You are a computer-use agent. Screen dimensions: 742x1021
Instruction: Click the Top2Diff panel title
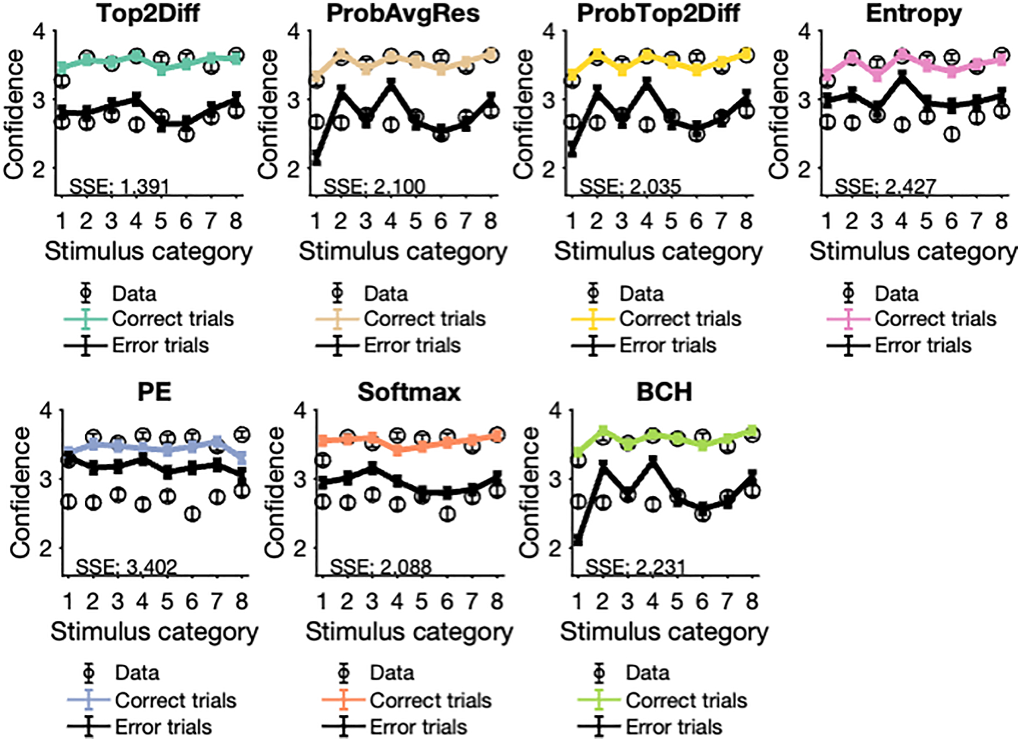tap(148, 13)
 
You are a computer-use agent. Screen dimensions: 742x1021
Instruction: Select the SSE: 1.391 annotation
tap(119, 187)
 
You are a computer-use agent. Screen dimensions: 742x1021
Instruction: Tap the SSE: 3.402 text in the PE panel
tap(126, 568)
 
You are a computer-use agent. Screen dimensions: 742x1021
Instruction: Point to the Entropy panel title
tap(913, 13)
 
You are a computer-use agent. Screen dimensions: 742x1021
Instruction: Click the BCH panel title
tap(664, 392)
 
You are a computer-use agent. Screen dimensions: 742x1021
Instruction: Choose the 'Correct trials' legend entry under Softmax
tap(430, 700)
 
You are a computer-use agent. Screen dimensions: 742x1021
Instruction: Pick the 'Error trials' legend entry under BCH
tap(674, 727)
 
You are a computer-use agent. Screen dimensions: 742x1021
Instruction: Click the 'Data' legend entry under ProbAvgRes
tap(385, 294)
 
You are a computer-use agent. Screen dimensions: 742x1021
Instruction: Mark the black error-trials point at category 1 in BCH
tap(577, 541)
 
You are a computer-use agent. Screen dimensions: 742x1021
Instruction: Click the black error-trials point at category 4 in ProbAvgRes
tap(390, 83)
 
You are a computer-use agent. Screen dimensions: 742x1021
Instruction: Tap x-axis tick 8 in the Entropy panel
tap(1001, 221)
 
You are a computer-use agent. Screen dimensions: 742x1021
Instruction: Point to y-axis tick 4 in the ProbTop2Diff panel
tap(550, 31)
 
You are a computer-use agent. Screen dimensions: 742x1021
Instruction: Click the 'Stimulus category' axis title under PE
tap(154, 632)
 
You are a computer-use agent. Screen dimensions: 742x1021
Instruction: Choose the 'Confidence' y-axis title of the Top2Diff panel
tap(14, 114)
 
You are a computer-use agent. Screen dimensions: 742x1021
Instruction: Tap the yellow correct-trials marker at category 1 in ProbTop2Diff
tap(571, 74)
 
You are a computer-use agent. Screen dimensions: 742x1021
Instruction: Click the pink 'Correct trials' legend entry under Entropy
tap(935, 319)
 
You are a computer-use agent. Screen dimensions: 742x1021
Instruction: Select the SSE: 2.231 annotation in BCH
tap(635, 568)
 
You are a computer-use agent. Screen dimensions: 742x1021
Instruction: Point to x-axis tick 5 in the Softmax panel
tap(421, 601)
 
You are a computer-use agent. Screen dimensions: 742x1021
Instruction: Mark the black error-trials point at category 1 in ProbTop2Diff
tap(571, 151)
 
